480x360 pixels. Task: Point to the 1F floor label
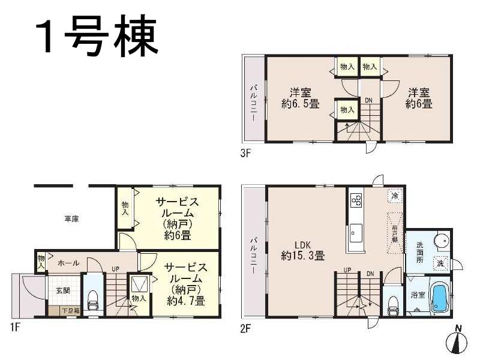pos(19,328)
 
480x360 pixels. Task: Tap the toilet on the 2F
pos(393,304)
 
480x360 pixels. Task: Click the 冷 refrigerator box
pos(395,196)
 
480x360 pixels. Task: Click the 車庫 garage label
pos(72,219)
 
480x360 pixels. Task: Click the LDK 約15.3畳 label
pos(302,250)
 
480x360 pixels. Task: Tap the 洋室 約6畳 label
pos(419,98)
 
